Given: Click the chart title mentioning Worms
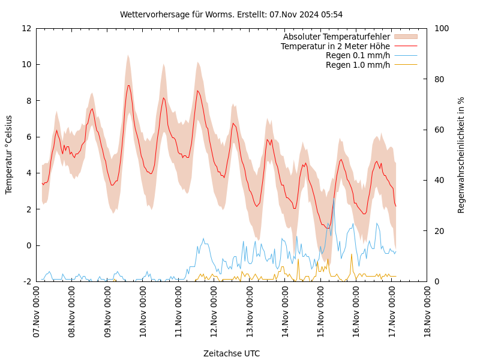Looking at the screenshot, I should [x=231, y=14].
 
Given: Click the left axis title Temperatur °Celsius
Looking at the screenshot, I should [x=9, y=154].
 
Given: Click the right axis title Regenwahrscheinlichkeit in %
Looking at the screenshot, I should [x=461, y=155].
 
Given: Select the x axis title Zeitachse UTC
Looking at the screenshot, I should [x=231, y=353].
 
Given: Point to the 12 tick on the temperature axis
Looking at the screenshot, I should [x=26, y=28].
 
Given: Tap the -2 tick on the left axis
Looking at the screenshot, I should [x=28, y=281].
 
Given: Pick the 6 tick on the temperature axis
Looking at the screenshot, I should [x=29, y=137].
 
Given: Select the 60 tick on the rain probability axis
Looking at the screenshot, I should [x=439, y=130].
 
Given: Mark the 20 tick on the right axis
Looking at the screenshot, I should [x=439, y=231].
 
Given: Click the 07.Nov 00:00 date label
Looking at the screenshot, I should [x=37, y=311].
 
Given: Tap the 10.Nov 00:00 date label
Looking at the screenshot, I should [x=143, y=311].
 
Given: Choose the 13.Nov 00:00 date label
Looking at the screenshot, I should [x=250, y=311].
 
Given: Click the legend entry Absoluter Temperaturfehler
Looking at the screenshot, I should [x=336, y=37].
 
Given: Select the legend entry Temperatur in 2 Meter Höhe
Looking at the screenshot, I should [x=335, y=46].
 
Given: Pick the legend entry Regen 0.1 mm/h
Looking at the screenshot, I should [x=358, y=55].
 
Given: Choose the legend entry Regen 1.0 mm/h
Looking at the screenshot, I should [x=358, y=65].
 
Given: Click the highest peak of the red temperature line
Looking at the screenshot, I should [x=128, y=85].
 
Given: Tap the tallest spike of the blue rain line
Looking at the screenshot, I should [x=334, y=198].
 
